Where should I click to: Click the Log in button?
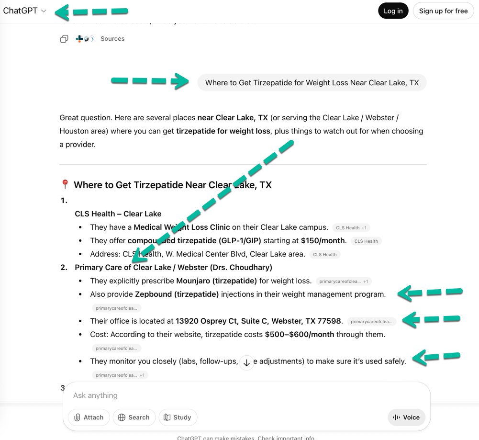[393, 11]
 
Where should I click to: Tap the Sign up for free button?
[443, 11]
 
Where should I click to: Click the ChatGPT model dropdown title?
[24, 11]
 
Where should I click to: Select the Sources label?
[112, 39]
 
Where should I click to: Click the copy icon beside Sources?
[64, 39]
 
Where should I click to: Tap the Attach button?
[89, 417]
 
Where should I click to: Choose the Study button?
[178, 417]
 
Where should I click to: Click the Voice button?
[406, 417]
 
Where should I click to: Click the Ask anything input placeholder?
[95, 395]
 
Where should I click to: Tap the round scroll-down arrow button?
[246, 363]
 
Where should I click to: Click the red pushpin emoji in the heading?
[65, 185]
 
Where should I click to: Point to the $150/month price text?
[323, 241]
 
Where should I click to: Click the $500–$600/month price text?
[300, 334]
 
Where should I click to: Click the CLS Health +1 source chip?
[351, 228]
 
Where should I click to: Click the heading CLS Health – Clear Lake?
[118, 214]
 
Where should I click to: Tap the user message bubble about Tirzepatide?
[312, 83]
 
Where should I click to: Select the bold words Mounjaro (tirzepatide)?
[216, 281]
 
